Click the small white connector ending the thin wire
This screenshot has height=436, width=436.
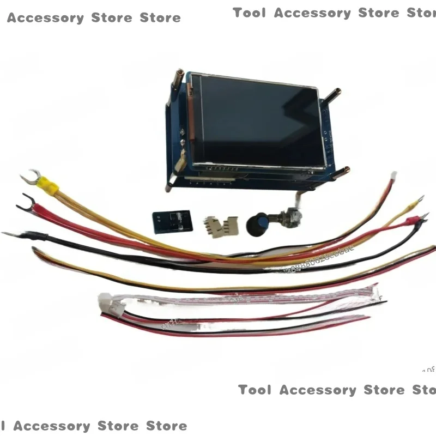tap(393, 177)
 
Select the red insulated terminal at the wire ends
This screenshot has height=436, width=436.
tap(413, 220)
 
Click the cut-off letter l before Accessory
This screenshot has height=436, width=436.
tap(3, 426)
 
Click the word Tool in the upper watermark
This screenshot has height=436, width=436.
tap(249, 13)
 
